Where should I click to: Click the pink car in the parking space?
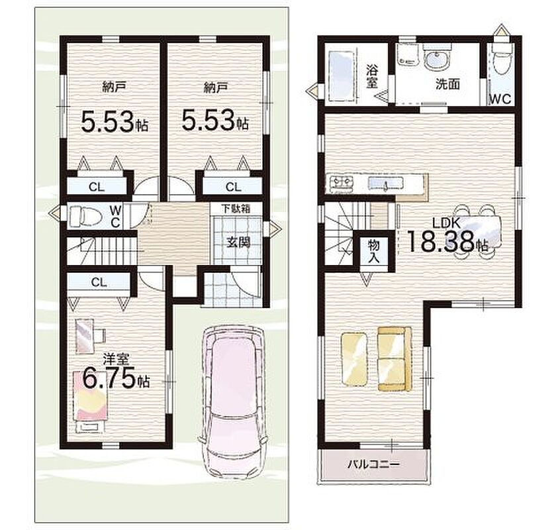coord(233,401)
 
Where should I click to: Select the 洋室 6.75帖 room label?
coord(116,371)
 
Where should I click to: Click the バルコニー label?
coord(373,464)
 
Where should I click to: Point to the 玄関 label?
coord(238,242)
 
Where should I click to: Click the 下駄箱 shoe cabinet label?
coord(236,208)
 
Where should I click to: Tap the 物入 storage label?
coord(373,252)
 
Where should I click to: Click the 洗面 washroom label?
coord(447,84)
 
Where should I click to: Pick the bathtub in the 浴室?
coord(342,75)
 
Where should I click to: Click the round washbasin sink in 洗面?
coord(436,58)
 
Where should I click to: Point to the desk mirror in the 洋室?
coord(85,336)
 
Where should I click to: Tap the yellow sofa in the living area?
coord(395,358)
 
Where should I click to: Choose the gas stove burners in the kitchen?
coord(341,182)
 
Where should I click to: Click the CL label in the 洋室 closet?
coord(99,283)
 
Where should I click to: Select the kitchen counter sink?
coord(386,184)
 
